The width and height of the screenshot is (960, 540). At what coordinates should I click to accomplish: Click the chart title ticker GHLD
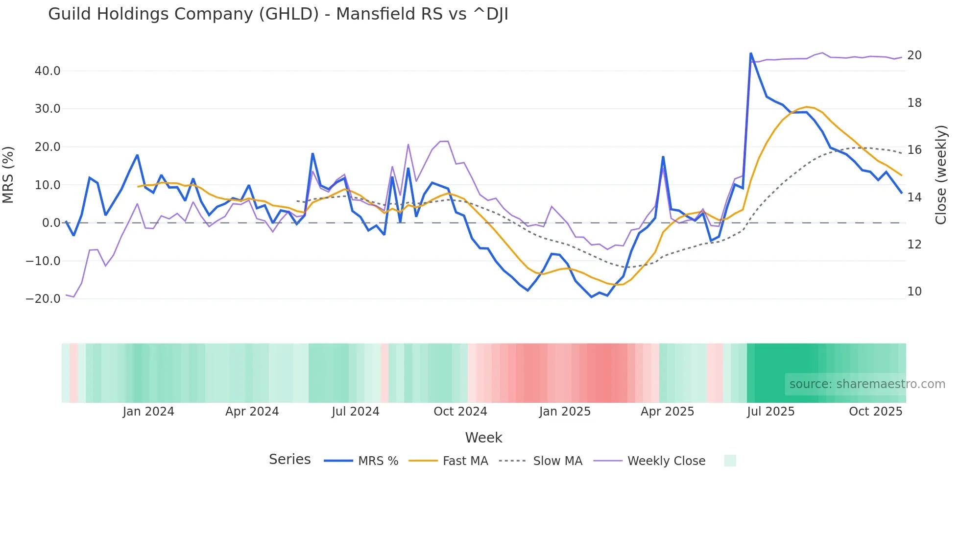pos(288,14)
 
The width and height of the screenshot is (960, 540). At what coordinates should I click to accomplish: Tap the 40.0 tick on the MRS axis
pos(48,71)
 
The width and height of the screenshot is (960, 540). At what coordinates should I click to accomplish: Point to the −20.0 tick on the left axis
pos(43,299)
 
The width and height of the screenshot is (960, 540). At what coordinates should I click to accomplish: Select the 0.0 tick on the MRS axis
pos(51,223)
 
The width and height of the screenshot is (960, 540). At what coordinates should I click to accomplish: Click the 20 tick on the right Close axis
pos(914,55)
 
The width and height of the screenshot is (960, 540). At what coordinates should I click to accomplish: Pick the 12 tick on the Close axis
pos(914,245)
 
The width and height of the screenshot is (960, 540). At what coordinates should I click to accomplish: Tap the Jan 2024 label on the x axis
pos(148,412)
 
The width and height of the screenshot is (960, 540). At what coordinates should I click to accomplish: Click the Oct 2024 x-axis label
pos(460,412)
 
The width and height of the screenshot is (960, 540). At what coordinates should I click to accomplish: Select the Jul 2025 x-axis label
pos(770,412)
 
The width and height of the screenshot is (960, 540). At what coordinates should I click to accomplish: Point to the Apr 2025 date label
pos(667,412)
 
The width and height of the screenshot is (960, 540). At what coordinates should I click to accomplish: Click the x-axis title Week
pos(483,438)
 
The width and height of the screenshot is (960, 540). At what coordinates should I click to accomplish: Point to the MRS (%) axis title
pos(8,174)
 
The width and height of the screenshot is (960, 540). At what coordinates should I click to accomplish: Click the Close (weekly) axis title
pos(940,174)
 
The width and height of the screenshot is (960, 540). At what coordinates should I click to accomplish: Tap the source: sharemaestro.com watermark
pos(867,384)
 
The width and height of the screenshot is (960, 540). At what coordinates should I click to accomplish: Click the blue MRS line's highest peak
pos(750,53)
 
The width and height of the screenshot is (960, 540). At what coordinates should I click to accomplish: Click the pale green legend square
pos(730,461)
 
